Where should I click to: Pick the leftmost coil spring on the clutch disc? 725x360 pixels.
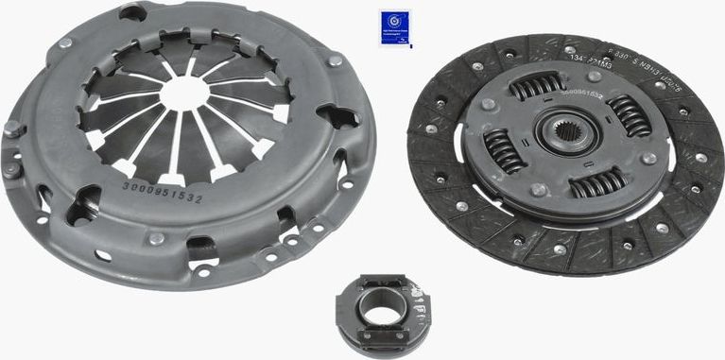(502, 149)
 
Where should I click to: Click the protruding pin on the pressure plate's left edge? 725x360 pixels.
(11, 129)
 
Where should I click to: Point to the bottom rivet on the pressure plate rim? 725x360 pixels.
(157, 238)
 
